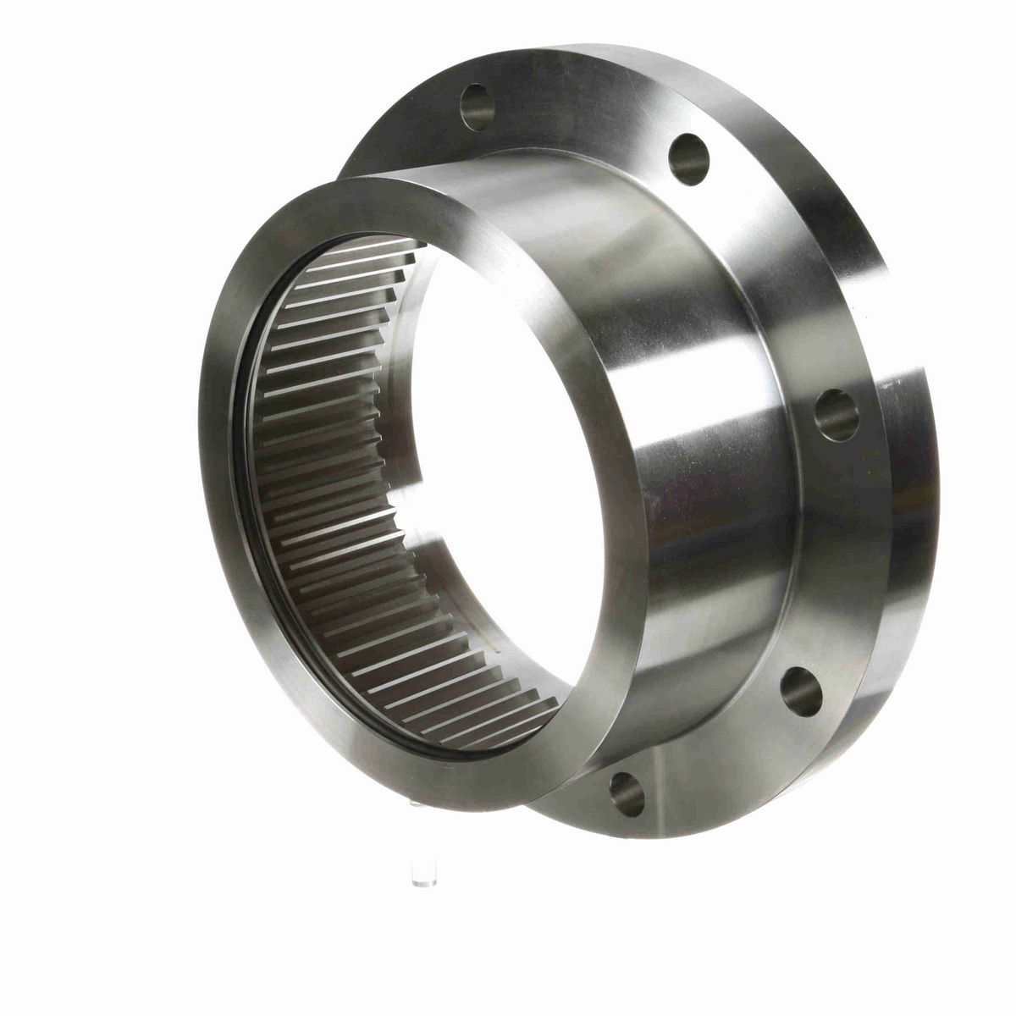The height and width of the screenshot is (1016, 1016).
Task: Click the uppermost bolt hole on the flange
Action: (478, 107)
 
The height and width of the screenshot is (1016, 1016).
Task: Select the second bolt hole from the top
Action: (688, 159)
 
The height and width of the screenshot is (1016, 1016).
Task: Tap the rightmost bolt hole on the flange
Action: (837, 415)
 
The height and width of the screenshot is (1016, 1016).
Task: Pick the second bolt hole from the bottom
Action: (801, 691)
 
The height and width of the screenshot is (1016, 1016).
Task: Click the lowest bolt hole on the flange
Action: (627, 793)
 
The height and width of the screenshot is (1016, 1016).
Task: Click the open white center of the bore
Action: (500, 440)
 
